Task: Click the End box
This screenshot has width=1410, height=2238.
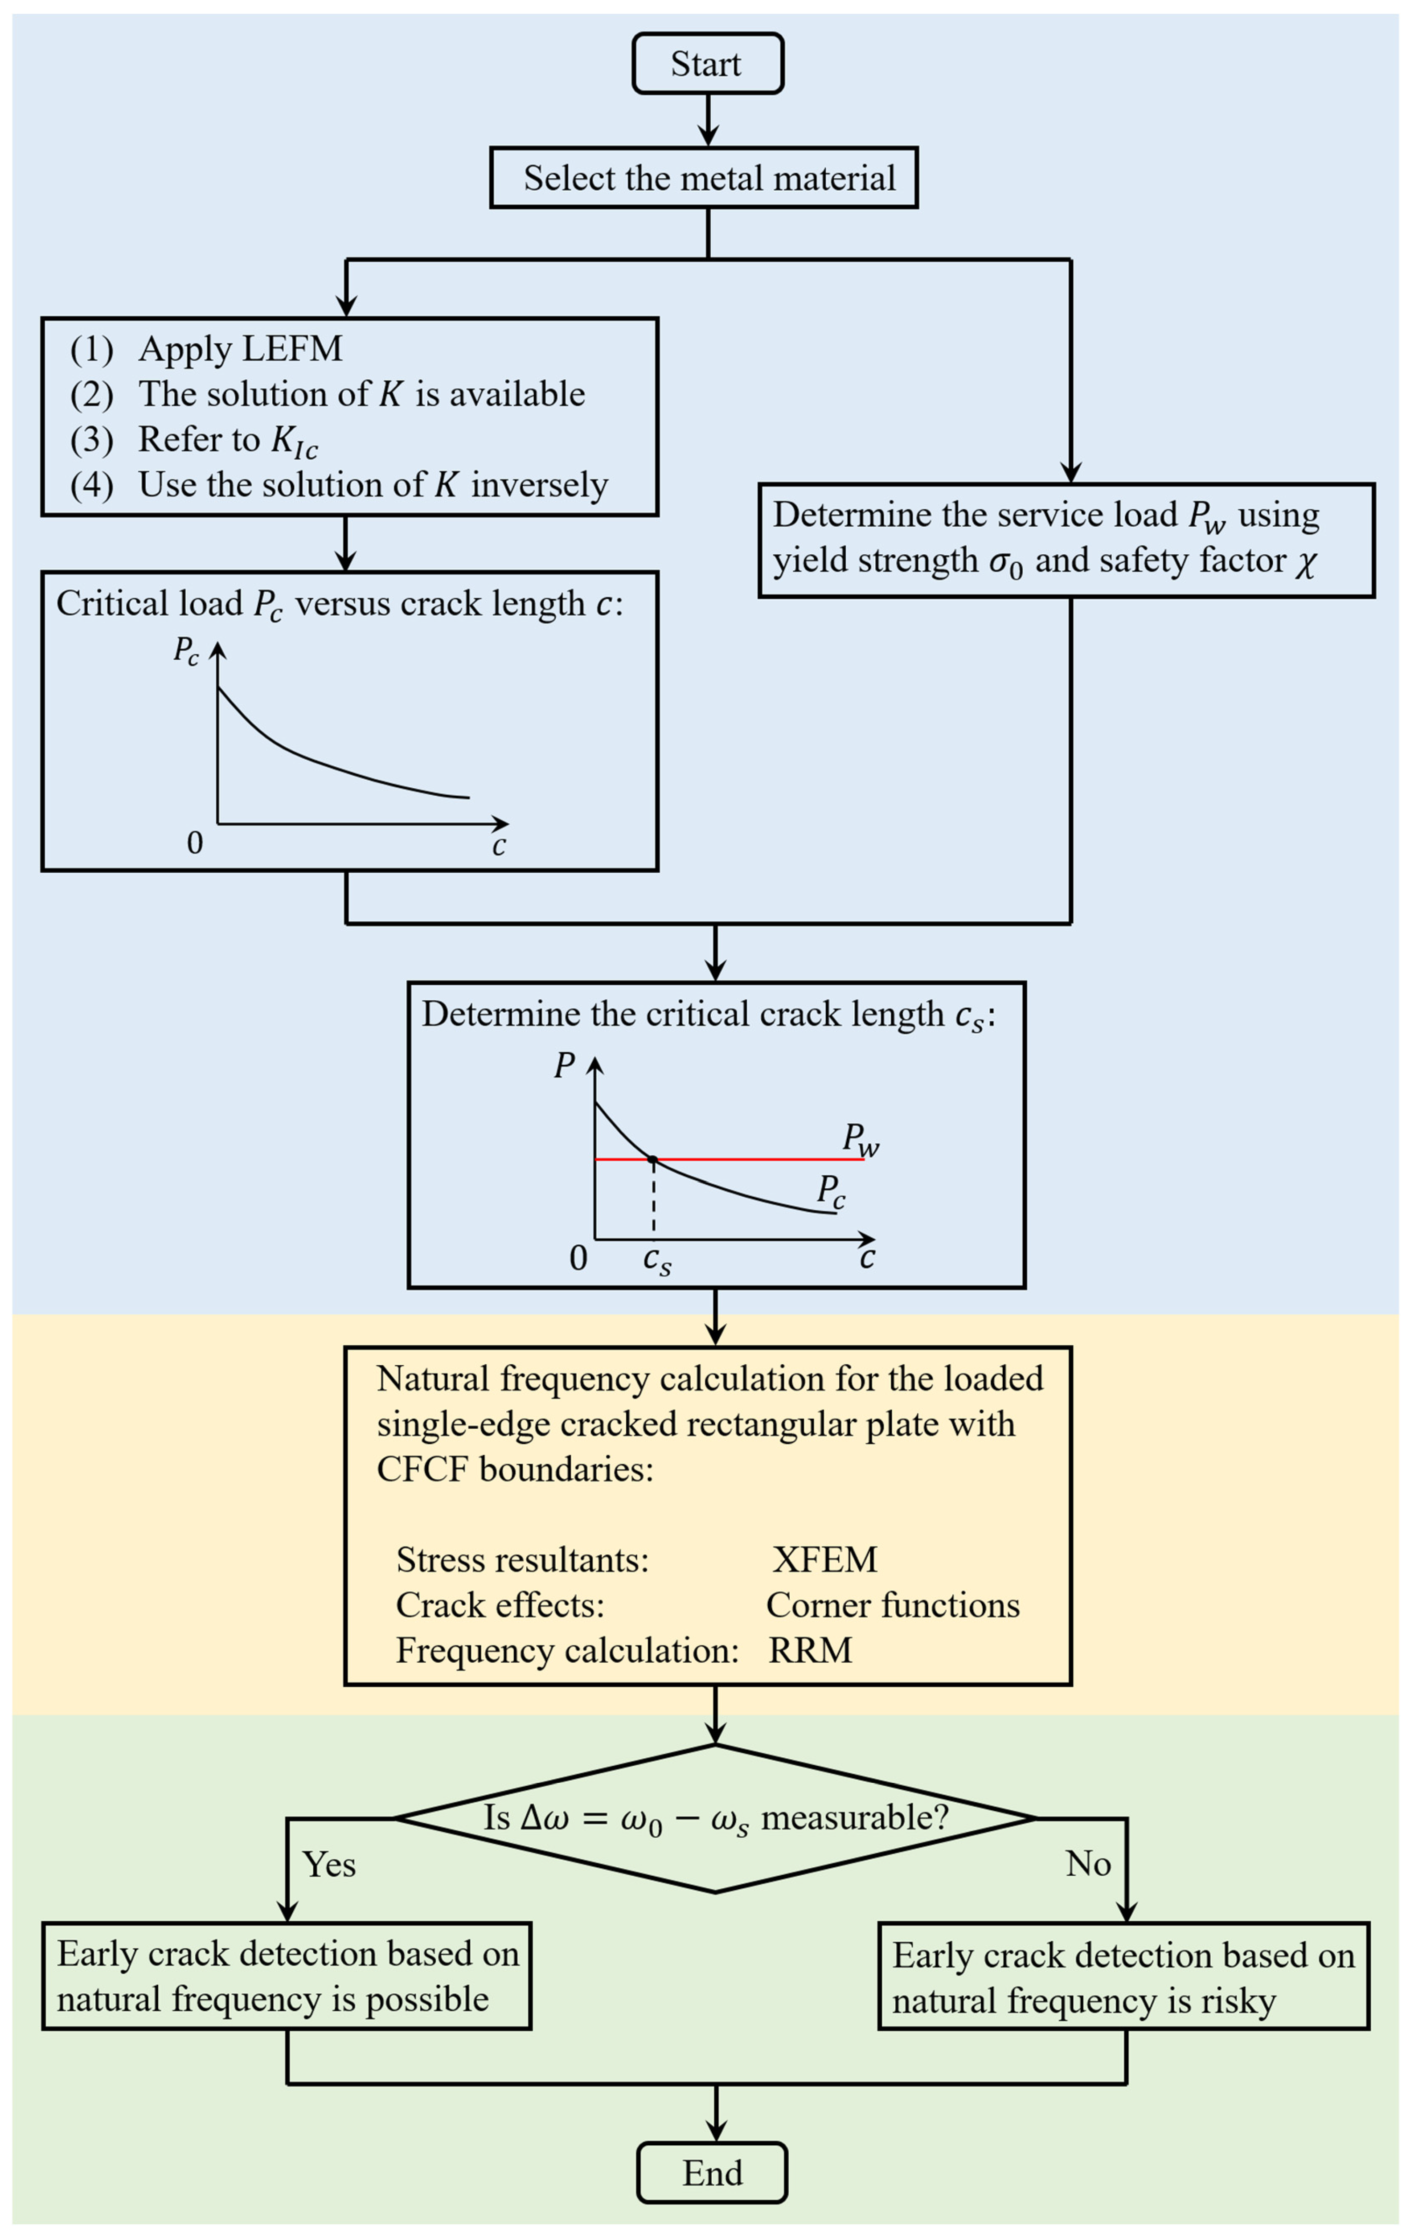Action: (x=712, y=2173)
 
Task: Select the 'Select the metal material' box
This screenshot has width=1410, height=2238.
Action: (x=704, y=177)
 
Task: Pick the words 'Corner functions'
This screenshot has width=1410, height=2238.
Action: (x=892, y=1605)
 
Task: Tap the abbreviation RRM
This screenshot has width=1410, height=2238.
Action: (x=810, y=1651)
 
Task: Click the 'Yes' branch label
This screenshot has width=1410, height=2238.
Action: (x=329, y=1864)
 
